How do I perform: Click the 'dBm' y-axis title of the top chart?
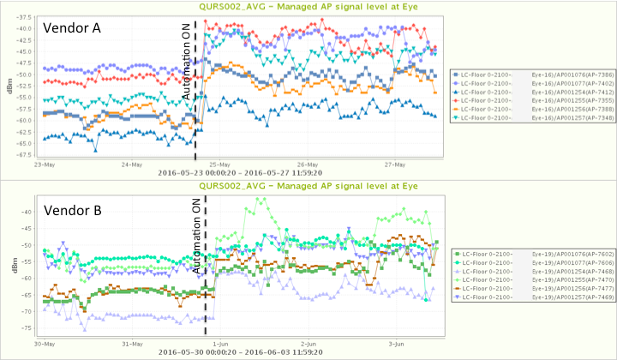9,86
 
